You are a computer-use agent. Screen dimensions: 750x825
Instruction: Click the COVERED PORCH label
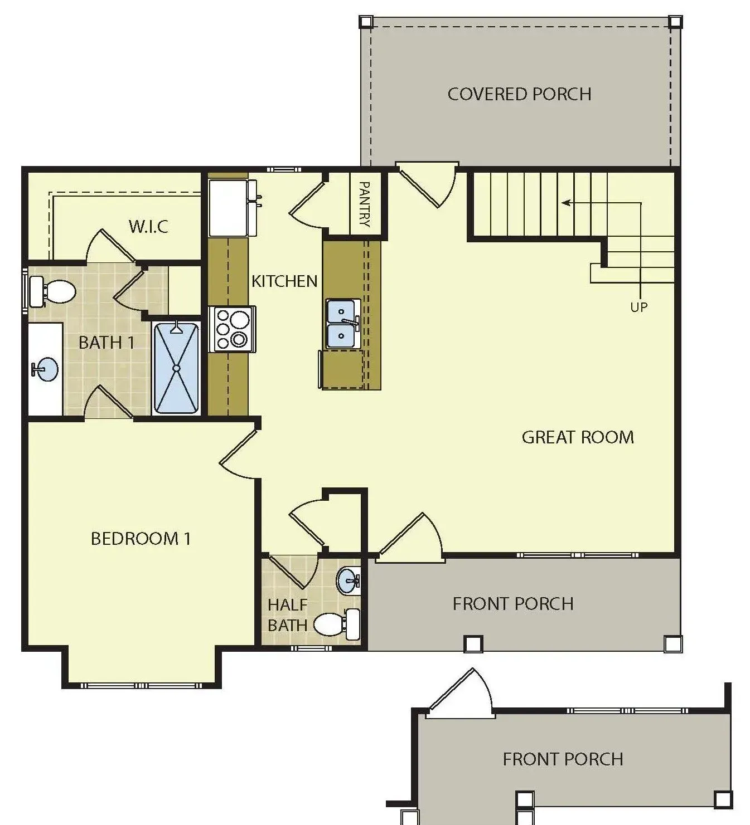click(519, 94)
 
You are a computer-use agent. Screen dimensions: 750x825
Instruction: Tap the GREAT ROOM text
click(578, 437)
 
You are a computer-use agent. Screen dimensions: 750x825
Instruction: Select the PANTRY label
click(364, 204)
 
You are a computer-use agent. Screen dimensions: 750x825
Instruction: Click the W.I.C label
click(148, 226)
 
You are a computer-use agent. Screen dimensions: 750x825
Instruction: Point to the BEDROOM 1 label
click(141, 539)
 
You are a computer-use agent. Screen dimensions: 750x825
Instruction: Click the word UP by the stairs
click(639, 307)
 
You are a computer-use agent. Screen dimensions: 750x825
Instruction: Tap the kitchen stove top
click(232, 329)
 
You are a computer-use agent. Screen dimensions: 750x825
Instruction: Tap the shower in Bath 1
click(176, 368)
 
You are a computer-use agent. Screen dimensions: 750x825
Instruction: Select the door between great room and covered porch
click(428, 184)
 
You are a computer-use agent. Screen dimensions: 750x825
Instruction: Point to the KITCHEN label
click(284, 281)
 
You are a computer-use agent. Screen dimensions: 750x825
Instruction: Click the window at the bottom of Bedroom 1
click(141, 686)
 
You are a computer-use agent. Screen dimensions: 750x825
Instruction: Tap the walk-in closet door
click(111, 245)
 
